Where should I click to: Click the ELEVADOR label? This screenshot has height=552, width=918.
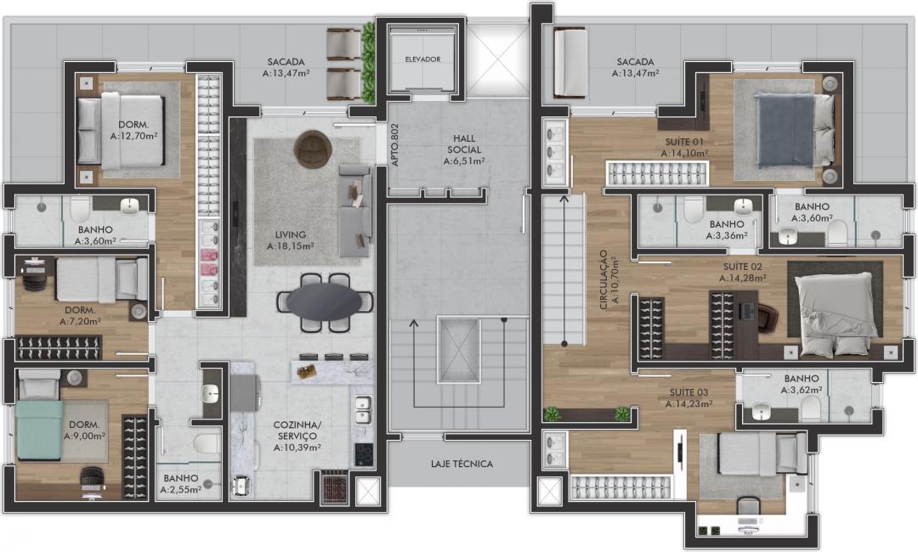[422, 59]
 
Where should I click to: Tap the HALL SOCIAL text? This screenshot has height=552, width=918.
[464, 144]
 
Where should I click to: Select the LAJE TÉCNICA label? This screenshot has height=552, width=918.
[462, 464]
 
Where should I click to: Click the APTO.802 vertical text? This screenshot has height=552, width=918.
[394, 145]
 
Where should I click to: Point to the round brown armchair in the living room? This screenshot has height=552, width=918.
[313, 148]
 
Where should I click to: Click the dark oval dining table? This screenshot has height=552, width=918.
[325, 301]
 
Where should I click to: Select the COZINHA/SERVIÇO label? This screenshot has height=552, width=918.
[297, 431]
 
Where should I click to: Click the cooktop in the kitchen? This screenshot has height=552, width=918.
[364, 454]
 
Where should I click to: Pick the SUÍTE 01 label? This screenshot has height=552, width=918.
[684, 142]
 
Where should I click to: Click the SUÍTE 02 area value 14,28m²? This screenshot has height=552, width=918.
[742, 279]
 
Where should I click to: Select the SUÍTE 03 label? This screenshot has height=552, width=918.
[689, 392]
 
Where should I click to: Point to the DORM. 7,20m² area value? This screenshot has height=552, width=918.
[80, 321]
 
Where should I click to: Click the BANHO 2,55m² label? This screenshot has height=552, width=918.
[181, 483]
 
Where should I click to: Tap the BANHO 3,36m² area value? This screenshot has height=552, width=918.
[727, 235]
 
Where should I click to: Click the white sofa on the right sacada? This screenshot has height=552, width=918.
[570, 63]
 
